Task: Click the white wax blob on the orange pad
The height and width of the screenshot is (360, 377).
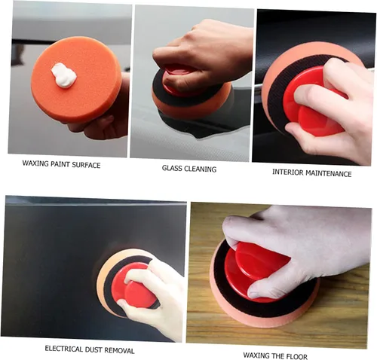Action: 63,75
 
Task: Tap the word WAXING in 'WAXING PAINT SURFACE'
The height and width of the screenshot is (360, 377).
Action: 35,163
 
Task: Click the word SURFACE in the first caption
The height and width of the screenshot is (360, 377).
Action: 86,166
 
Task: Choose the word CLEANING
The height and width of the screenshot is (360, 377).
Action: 201,169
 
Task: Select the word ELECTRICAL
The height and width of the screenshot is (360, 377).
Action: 64,349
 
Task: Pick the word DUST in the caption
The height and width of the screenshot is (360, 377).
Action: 93,349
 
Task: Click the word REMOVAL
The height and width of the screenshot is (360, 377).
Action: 119,350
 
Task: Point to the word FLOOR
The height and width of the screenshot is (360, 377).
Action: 297,356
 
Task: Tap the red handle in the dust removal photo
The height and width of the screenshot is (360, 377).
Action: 133,285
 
